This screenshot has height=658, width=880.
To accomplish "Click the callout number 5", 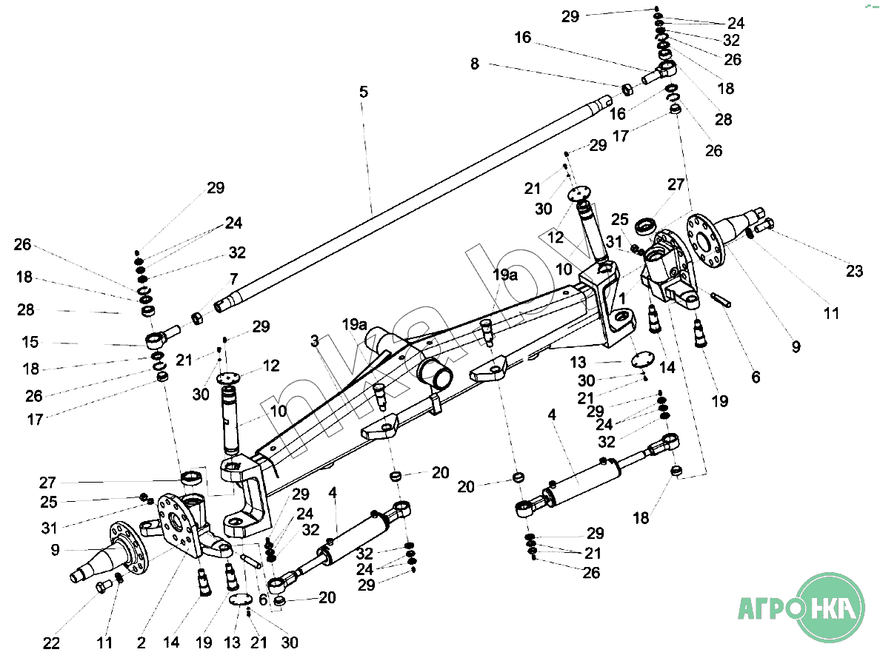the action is pos(364,92).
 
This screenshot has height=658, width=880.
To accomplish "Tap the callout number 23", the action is pos(854,271).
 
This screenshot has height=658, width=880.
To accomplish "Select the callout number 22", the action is pos(51,643).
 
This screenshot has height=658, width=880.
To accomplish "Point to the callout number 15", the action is pos(30,342).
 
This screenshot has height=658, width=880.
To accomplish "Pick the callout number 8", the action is pos(475,64).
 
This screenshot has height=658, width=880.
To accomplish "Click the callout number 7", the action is pos(233,278).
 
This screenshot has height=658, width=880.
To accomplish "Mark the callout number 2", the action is pos(141,642).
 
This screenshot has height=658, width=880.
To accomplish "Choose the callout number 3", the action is pos(314,340).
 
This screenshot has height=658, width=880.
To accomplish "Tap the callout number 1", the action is pos(621,298).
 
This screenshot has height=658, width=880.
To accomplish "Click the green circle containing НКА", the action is pos(831,608).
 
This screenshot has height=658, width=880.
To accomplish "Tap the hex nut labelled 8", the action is pos(627,90).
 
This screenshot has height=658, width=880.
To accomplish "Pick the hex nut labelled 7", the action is pos(198,318).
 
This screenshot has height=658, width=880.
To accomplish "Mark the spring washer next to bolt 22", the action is pos(119,578).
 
